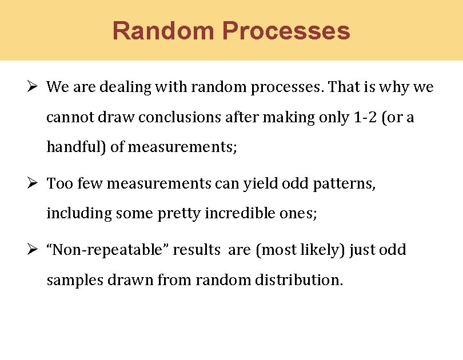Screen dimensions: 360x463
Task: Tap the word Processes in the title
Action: [x=286, y=31]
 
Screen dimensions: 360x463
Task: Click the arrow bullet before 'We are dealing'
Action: [x=33, y=87]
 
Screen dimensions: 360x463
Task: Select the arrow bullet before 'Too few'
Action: [x=33, y=184]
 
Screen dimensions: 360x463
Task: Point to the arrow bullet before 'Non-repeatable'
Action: [x=33, y=250]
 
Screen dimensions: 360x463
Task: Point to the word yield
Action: [x=260, y=184]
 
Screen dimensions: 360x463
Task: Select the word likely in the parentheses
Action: [x=321, y=250]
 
